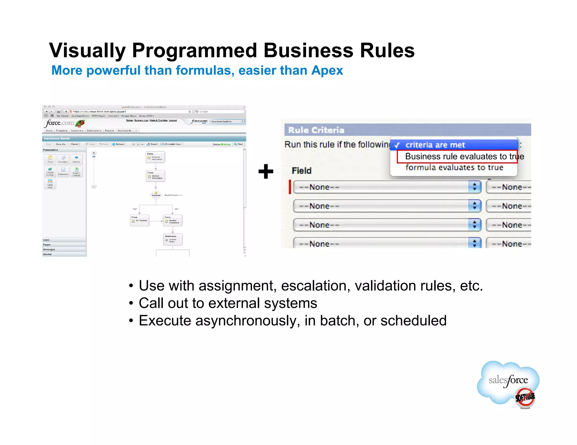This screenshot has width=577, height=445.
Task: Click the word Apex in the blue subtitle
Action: pyautogui.click(x=327, y=70)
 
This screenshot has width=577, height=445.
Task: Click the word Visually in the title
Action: pyautogui.click(x=87, y=51)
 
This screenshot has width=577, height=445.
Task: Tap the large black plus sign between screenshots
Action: pyautogui.click(x=266, y=171)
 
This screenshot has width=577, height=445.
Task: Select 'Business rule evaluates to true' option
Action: pyautogui.click(x=457, y=156)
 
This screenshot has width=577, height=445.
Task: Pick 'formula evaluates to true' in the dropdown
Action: pyautogui.click(x=454, y=168)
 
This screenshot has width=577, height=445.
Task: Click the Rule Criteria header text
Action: pyautogui.click(x=316, y=130)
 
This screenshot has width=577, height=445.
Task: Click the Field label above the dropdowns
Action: pyautogui.click(x=301, y=171)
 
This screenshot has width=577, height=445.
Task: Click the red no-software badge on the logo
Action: pyautogui.click(x=525, y=397)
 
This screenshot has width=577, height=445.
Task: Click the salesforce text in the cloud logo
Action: pyautogui.click(x=508, y=380)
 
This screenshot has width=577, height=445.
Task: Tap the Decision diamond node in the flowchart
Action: pyautogui.click(x=156, y=195)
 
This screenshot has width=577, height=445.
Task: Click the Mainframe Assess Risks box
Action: pyautogui.click(x=173, y=239)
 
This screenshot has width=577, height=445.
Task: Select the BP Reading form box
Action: pyautogui.click(x=139, y=220)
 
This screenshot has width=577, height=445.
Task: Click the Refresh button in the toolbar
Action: pyautogui.click(x=118, y=144)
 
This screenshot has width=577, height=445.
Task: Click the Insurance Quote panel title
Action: pyautogui.click(x=57, y=138)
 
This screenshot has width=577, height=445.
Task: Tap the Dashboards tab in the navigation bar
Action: pyautogui.click(x=124, y=131)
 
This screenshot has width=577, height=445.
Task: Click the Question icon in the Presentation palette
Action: pyautogui.click(x=63, y=159)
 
